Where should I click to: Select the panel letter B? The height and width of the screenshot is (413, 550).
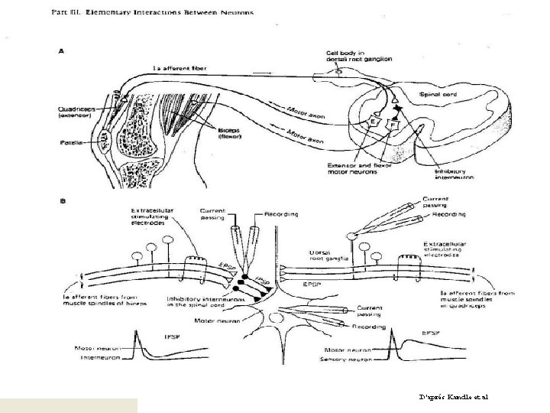(64, 202)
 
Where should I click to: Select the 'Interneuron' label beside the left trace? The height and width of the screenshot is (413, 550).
(99, 356)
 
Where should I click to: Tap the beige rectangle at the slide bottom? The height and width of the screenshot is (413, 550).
(69, 405)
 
